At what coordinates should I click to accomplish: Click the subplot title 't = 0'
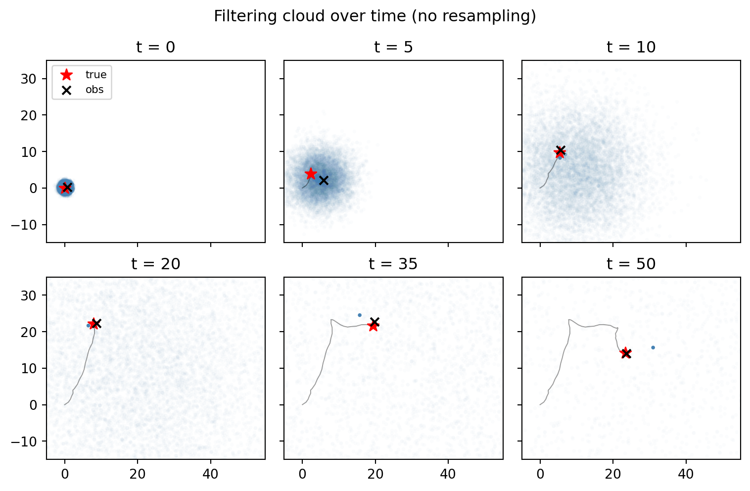(156, 47)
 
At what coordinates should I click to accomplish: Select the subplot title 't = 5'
(393, 47)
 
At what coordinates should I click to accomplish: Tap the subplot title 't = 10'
(631, 47)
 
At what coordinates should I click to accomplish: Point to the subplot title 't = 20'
(156, 264)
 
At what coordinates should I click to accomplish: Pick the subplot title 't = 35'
(393, 264)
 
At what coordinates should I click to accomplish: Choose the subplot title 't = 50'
(631, 264)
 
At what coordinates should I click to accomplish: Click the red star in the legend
(67, 75)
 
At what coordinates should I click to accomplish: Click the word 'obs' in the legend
(94, 90)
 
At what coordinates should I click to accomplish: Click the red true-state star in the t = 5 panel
(311, 174)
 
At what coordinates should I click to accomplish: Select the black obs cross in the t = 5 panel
(324, 181)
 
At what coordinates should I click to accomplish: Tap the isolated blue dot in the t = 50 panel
(653, 347)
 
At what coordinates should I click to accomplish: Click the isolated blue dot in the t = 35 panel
(360, 315)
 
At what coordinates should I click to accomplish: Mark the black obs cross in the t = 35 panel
(375, 322)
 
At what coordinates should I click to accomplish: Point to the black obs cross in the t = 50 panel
(626, 353)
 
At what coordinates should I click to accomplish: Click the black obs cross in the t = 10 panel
(561, 150)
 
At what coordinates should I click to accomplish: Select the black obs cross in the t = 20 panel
(96, 324)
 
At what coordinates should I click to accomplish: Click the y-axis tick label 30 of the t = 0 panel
(29, 79)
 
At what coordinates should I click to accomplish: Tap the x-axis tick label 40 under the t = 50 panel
(686, 474)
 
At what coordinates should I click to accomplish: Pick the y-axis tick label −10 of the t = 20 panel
(23, 442)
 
